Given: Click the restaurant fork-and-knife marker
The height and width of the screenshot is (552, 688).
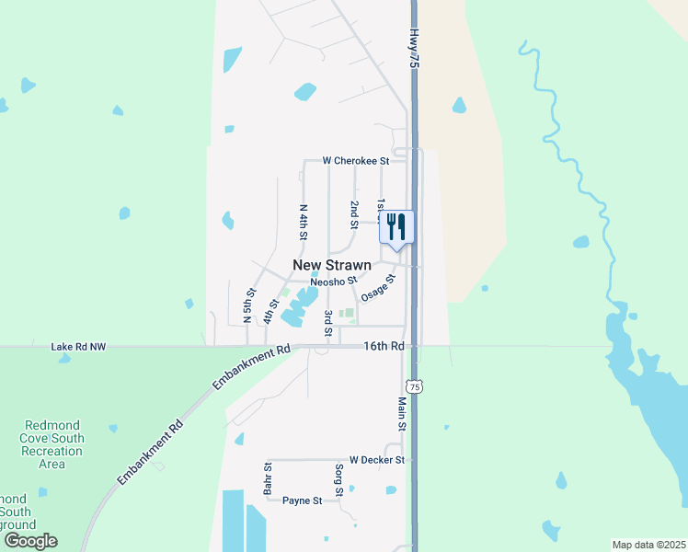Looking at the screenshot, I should (x=396, y=226).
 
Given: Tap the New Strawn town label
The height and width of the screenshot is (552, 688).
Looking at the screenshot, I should (x=332, y=265).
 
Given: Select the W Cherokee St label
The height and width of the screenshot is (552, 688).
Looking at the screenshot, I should (x=356, y=160).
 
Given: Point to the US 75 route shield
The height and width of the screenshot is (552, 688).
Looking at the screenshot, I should (x=416, y=387).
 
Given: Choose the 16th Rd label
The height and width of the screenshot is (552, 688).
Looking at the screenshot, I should (x=384, y=347).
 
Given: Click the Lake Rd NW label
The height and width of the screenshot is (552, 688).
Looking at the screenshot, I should (x=79, y=347).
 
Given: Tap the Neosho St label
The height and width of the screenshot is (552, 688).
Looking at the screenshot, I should (x=333, y=282).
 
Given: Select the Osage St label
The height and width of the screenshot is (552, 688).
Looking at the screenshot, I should (x=378, y=287).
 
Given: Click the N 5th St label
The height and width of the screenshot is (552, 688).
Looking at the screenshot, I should (x=248, y=305).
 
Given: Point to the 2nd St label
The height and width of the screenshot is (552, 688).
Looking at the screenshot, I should (x=353, y=213).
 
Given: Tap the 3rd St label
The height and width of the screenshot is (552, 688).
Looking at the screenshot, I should (x=328, y=323).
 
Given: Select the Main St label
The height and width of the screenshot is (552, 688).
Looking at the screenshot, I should (x=402, y=414).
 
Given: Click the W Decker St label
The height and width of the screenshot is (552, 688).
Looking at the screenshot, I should (x=377, y=459).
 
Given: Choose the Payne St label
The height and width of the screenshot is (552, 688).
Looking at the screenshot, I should (x=302, y=500).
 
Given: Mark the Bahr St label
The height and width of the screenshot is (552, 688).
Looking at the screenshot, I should (x=268, y=479).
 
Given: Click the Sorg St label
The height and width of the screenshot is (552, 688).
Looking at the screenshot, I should (x=338, y=480).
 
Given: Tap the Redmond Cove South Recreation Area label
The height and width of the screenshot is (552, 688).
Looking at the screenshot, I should (x=52, y=444).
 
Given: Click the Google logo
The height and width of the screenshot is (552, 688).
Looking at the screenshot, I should (x=30, y=541).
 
